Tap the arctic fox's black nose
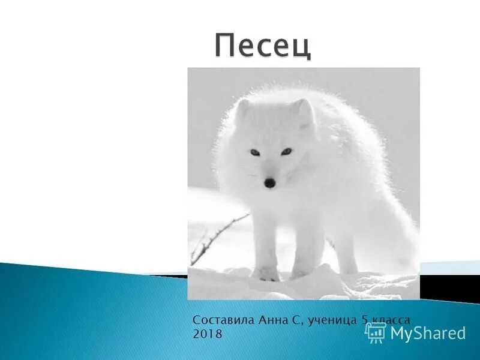(x=271, y=182)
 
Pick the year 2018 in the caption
(x=207, y=334)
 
